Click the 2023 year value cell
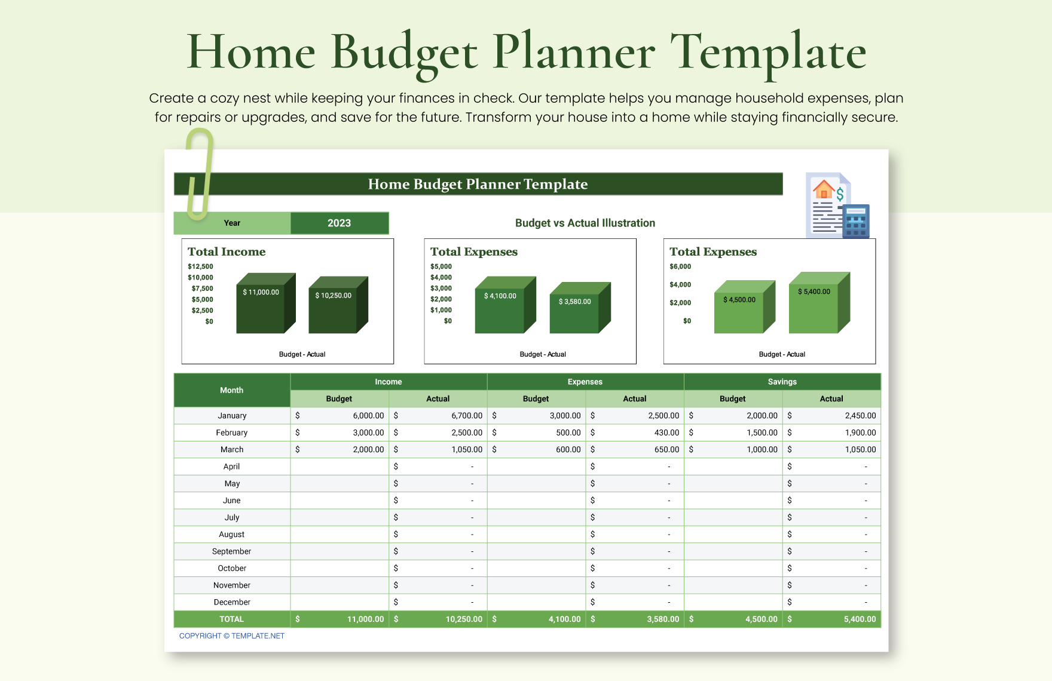coord(339,223)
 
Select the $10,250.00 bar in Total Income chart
coord(333,311)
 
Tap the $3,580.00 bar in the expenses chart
coord(574,313)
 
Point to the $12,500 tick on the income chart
coord(200,266)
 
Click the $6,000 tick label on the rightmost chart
coord(680,266)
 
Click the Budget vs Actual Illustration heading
coord(585,223)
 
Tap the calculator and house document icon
coord(837,205)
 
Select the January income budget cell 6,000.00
coord(340,415)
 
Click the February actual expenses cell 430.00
coord(635,432)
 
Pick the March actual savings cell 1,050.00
coord(831,449)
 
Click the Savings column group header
coord(782,382)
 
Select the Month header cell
coord(232,390)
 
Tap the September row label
coord(232,551)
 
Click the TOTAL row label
coord(232,619)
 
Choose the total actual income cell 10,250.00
coord(438,619)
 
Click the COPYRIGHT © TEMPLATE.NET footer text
coord(232,636)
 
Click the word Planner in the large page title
coord(573,53)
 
